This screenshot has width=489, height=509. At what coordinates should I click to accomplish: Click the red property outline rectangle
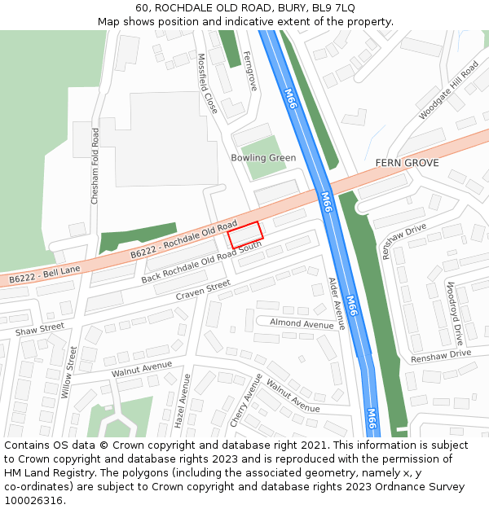(245, 235)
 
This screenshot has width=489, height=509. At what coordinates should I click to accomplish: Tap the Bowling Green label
(263, 158)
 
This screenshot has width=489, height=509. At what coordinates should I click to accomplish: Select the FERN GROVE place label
(407, 163)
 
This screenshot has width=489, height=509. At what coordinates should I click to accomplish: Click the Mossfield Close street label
(208, 83)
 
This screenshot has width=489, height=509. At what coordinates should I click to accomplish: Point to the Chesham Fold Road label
(95, 165)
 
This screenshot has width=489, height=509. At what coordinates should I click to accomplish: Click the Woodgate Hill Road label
(448, 90)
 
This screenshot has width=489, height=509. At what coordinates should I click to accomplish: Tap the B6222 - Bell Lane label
(45, 274)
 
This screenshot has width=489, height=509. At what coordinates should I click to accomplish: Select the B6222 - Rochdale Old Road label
(183, 242)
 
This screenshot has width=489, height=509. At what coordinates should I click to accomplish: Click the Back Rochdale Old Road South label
(201, 262)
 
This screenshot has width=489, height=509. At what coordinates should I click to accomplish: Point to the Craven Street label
(203, 291)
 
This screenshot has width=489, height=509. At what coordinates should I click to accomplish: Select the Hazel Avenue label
(181, 401)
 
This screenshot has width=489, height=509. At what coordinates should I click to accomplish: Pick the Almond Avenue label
(302, 323)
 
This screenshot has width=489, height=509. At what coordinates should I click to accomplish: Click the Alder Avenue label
(337, 303)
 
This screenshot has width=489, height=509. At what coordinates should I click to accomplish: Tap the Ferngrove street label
(249, 71)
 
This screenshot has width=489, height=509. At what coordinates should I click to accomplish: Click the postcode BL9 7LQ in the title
(333, 7)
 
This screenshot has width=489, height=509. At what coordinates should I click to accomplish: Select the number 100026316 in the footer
(33, 501)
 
